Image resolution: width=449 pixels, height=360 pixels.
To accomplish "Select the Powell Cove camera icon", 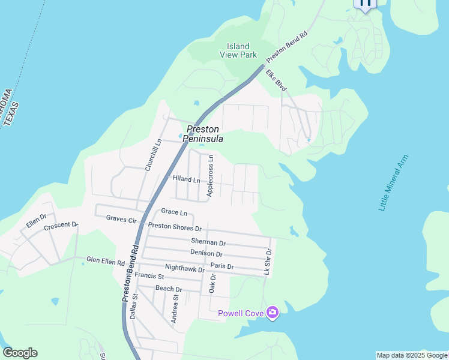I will [273, 313].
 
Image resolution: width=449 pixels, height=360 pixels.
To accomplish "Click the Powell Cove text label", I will [240, 313].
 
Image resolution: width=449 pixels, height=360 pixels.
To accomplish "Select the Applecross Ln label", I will [210, 176].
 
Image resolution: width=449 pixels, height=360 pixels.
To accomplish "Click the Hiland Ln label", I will [186, 179].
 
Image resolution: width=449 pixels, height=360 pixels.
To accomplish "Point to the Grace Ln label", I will [174, 212].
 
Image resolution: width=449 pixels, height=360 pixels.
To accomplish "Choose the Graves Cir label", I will [121, 220].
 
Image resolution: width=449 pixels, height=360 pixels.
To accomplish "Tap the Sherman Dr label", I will [208, 243].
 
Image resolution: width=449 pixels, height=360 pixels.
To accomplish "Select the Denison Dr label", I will [207, 253].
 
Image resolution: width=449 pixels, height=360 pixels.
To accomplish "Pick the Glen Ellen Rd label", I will [105, 261].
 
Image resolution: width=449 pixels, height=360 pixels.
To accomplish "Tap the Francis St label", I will [149, 276].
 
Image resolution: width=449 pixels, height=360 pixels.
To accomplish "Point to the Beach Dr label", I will [169, 289].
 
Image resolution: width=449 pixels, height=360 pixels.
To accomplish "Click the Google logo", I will [20, 353].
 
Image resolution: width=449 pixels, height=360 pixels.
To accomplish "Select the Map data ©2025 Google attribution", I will [412, 355].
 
